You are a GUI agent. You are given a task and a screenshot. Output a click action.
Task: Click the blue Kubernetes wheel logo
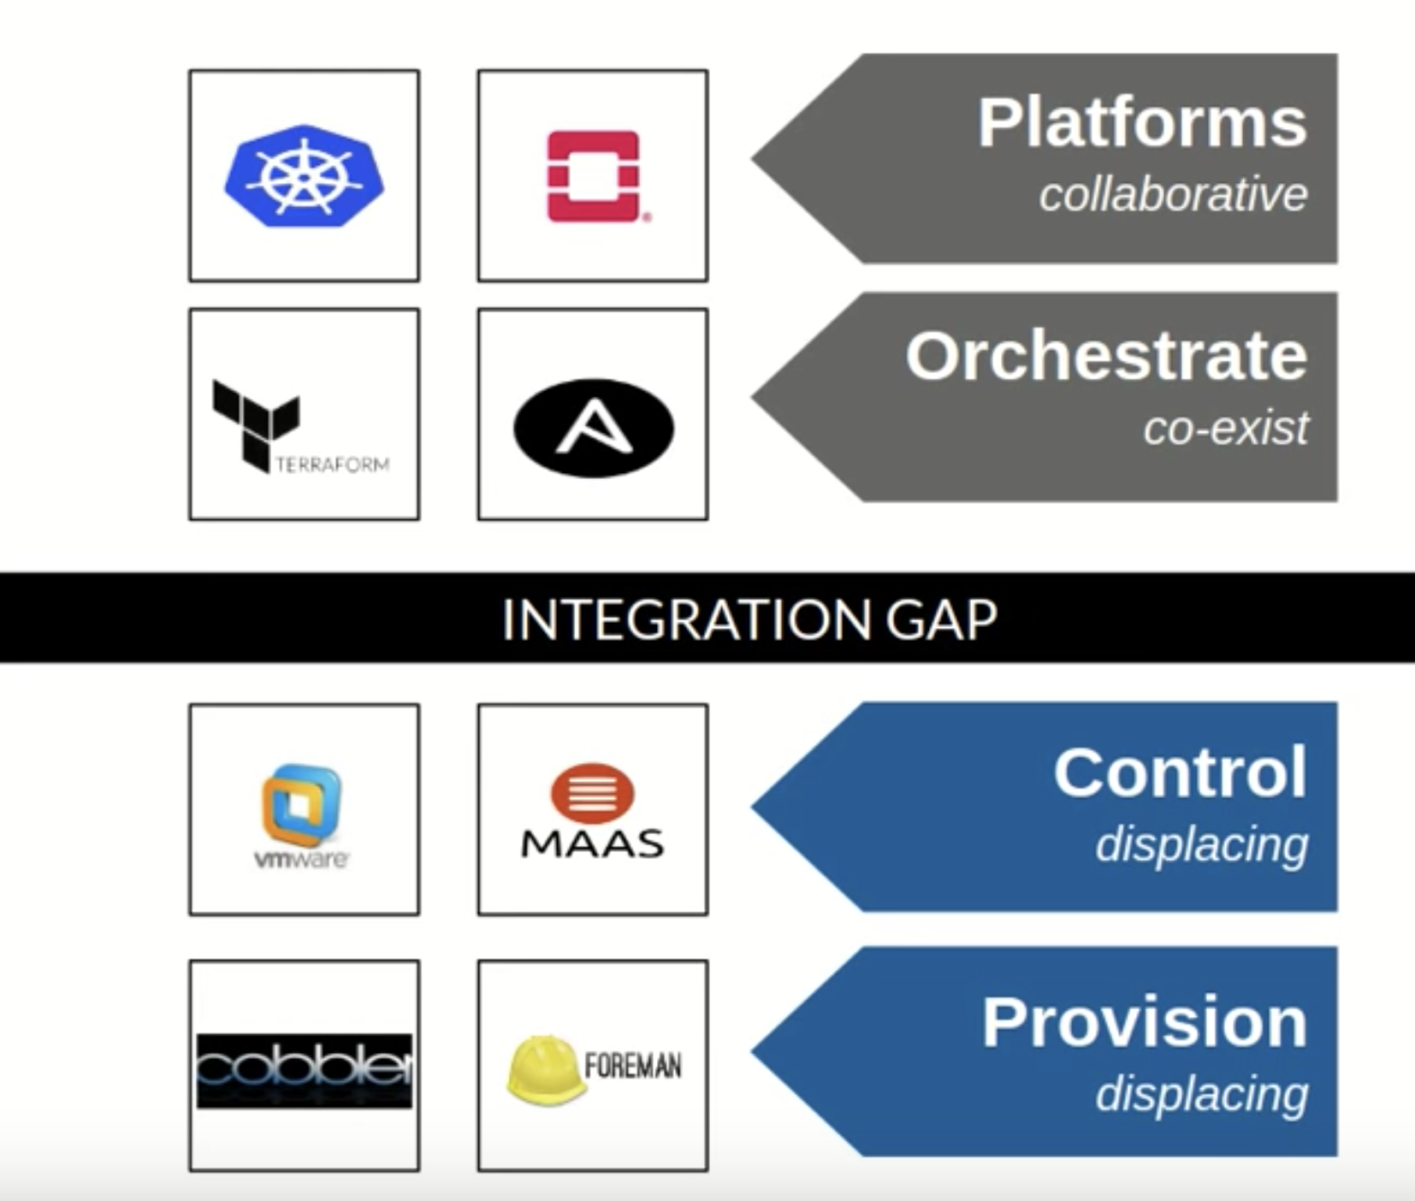(304, 175)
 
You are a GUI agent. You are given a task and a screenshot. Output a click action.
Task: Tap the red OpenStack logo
(594, 176)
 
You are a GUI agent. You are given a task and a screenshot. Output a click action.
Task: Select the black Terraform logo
(257, 423)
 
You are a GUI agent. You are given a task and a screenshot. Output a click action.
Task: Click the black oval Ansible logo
(594, 427)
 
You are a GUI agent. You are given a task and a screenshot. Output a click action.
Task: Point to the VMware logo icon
(301, 804)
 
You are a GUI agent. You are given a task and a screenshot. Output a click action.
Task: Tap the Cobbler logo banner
(305, 1070)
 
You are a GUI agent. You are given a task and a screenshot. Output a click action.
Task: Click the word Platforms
(1142, 123)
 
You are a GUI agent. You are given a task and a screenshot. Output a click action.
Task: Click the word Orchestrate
(1106, 356)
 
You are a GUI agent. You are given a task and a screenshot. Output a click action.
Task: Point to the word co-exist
(1225, 428)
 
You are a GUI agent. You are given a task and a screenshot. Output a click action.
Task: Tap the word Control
(1180, 772)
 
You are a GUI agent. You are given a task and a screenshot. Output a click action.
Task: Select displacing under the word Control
(1201, 845)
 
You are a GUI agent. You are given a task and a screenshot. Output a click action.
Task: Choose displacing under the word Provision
(1201, 1094)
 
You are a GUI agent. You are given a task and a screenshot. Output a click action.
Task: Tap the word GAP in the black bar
(941, 619)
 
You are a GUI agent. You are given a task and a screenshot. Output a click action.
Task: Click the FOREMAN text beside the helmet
(633, 1066)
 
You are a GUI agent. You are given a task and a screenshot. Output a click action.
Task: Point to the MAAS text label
(592, 844)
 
